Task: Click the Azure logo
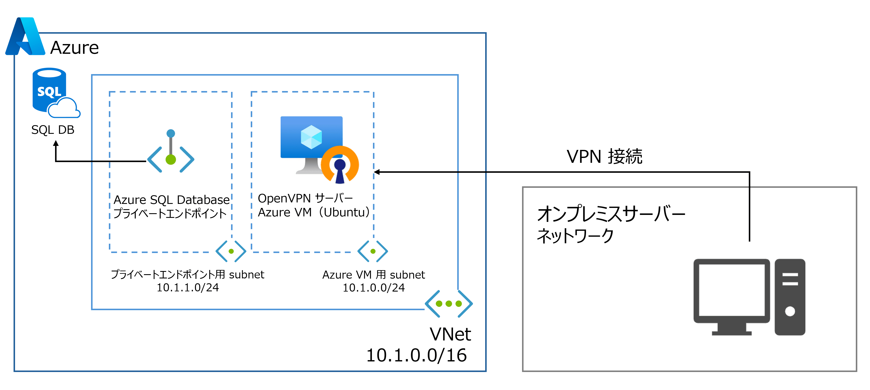click(x=25, y=36)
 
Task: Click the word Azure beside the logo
click(x=74, y=48)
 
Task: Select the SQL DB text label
click(x=53, y=130)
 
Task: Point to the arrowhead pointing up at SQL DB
click(x=56, y=144)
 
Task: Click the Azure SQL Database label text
click(x=172, y=200)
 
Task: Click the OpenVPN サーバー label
click(x=305, y=198)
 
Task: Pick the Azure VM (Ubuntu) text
click(x=313, y=212)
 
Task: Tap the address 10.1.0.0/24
click(x=374, y=288)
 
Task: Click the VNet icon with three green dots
click(x=449, y=304)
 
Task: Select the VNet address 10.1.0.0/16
click(x=416, y=355)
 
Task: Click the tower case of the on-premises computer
click(x=790, y=297)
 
